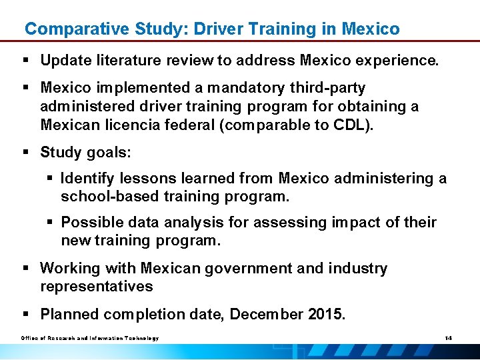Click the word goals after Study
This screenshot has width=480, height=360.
coord(109,152)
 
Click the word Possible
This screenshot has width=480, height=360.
coord(88,222)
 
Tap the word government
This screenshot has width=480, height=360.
coord(241,269)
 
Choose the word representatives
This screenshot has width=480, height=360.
coord(96,287)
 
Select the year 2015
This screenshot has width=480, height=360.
coord(325,314)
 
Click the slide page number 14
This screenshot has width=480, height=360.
coord(449,339)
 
